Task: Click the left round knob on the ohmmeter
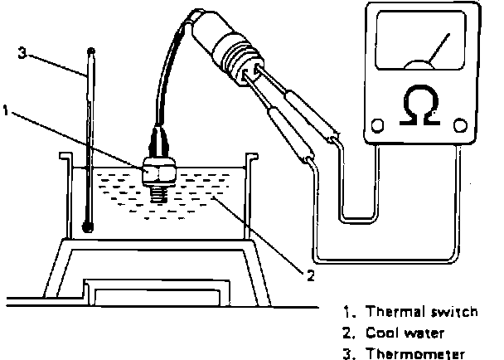tap(377, 126)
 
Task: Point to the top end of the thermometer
tap(90, 52)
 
